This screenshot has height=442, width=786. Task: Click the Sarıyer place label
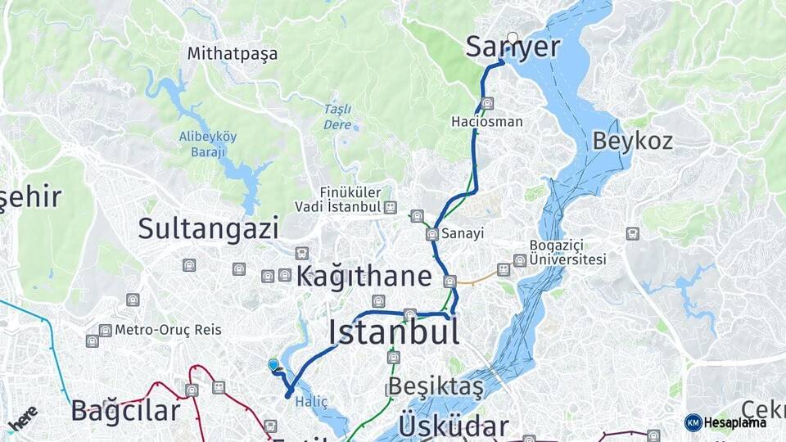[x=513, y=48]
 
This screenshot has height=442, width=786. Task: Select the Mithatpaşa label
[x=233, y=54]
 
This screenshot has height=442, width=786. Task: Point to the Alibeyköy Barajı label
[x=208, y=143]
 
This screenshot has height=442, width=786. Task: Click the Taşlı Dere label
[x=337, y=117]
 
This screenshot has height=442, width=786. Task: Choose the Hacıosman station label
[x=486, y=121]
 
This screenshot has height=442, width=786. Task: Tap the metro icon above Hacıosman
[x=488, y=103]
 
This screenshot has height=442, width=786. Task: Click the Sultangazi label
[x=208, y=228]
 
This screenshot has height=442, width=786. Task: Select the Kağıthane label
[x=363, y=276]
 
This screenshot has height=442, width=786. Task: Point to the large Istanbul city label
[x=393, y=331]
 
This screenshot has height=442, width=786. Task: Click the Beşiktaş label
[x=436, y=386]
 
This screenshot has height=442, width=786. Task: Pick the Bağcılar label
[x=124, y=410]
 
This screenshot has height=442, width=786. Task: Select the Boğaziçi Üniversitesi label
[x=567, y=253]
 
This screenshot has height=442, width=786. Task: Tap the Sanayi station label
[x=463, y=234]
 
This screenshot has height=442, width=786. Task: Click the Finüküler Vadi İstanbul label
[x=339, y=201]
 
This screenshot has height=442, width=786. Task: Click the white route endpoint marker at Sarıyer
[x=513, y=38]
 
